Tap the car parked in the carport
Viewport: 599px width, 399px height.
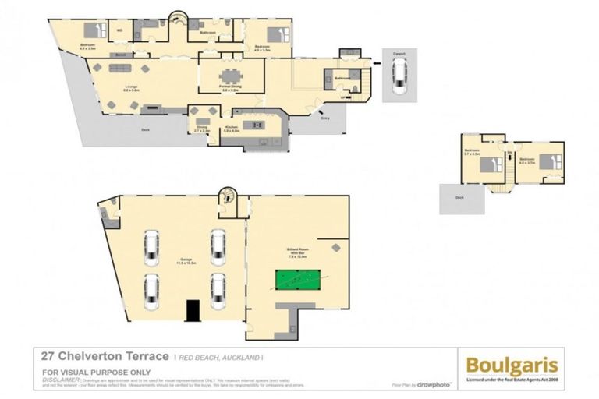(x=399, y=77)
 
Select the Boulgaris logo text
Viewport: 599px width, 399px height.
(x=512, y=364)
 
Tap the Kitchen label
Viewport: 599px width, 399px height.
(x=232, y=129)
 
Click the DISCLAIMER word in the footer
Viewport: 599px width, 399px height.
(x=59, y=379)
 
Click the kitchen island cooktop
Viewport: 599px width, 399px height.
(x=254, y=124)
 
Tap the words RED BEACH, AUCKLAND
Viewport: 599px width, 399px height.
(x=216, y=357)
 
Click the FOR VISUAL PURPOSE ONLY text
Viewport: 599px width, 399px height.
(x=85, y=371)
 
